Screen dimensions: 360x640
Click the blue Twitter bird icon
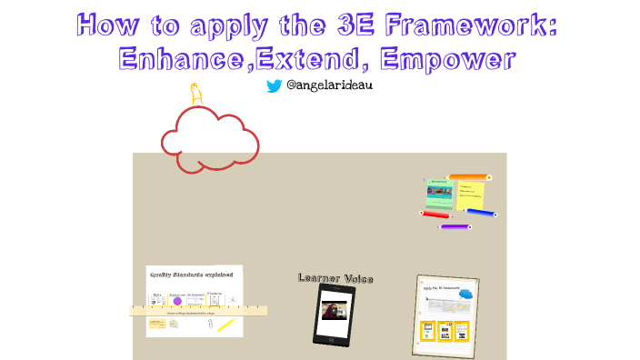[x=274, y=86]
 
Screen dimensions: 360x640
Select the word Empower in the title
[x=449, y=59]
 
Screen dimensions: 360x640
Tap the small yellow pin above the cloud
[x=194, y=93]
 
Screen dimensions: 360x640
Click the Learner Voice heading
[x=335, y=278]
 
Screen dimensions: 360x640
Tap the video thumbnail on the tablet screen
[x=334, y=311]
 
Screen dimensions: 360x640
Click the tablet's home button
[x=334, y=336]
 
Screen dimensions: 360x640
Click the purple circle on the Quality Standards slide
[x=178, y=301]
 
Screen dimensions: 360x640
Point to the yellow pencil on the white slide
[x=225, y=325]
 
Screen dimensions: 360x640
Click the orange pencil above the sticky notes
[x=469, y=177]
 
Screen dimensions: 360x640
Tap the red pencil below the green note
[x=436, y=215]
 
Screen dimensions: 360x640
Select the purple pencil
[x=455, y=225]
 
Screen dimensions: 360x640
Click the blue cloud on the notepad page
[x=465, y=294]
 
